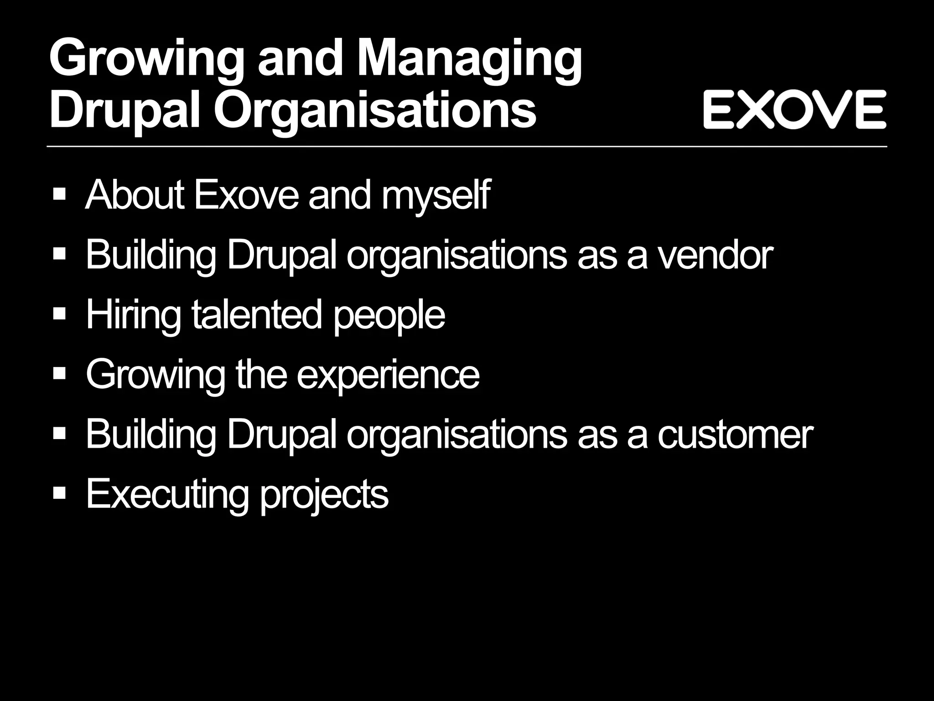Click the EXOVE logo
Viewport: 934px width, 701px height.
point(794,110)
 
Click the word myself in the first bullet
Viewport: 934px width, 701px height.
point(436,196)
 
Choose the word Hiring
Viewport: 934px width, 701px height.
point(133,315)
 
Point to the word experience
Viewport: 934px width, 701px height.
point(388,376)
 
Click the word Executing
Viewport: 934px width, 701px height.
point(167,494)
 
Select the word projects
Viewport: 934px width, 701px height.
point(324,495)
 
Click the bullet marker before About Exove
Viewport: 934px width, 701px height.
point(59,195)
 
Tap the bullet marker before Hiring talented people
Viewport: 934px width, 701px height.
point(59,314)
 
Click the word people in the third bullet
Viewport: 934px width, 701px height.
point(389,315)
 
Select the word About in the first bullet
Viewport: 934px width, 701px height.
point(135,195)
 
